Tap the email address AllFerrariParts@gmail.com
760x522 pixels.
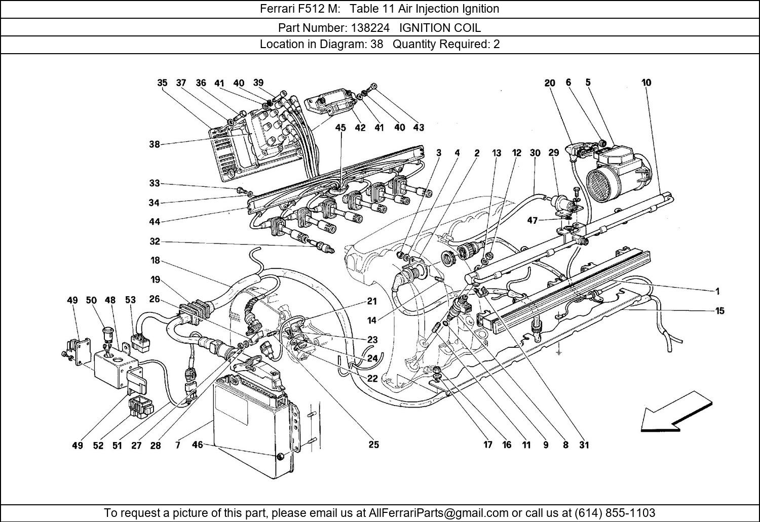pos(438,512)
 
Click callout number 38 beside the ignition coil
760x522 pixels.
pos(155,144)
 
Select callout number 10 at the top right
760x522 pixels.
pos(646,83)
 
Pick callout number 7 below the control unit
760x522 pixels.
pos(178,445)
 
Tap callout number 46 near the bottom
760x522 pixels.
pos(197,445)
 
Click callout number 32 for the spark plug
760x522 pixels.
pos(155,242)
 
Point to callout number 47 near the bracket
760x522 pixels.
pos(533,220)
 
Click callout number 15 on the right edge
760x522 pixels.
pos(719,311)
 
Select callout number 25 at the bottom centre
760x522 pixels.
pos(373,445)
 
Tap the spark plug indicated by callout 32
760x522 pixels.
pos(324,248)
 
